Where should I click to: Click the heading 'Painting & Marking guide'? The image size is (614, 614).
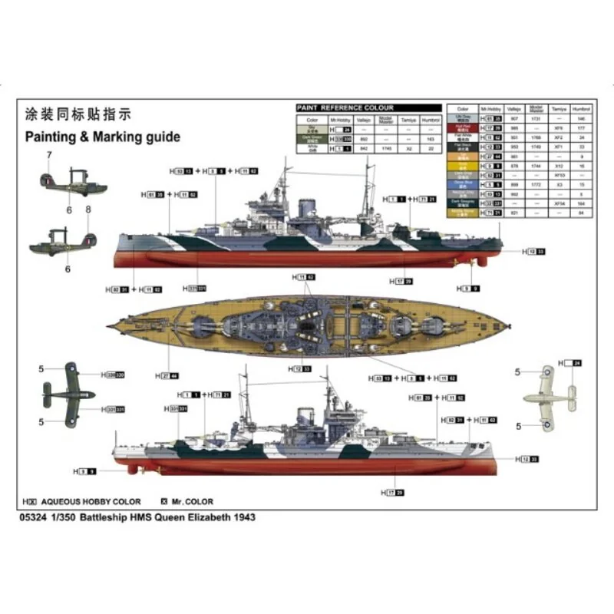point(103,137)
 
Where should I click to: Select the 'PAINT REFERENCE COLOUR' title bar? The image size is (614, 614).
point(345,108)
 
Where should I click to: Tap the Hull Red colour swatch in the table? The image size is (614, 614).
point(462,127)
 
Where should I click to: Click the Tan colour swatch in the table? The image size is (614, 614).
point(462,155)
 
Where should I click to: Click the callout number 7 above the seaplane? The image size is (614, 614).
point(48,156)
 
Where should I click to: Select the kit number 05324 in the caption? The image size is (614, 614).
point(38,517)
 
